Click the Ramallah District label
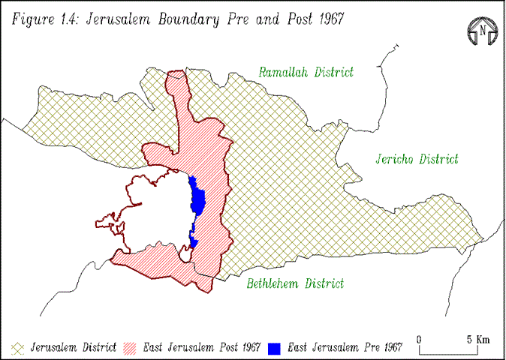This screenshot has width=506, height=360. tap(306, 73)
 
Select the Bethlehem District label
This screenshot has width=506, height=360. tap(295, 283)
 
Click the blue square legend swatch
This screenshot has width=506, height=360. tap(275, 348)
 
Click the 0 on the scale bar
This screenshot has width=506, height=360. tap(419, 338)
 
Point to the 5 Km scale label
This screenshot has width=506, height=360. tap(478, 338)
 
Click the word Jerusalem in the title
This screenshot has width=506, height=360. tap(117, 19)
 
